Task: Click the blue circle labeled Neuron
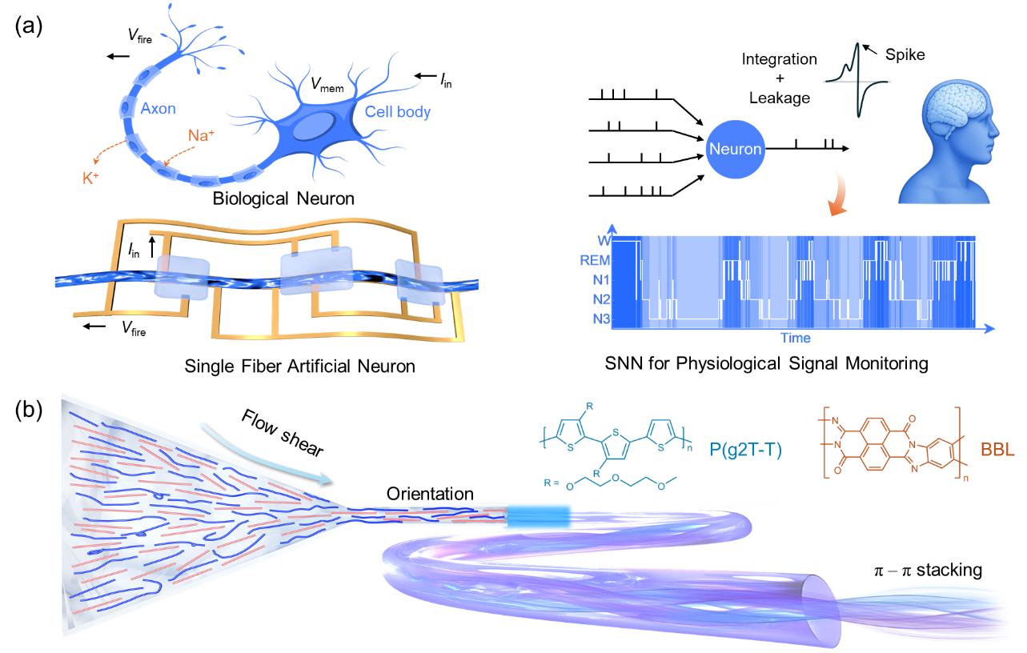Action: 735,149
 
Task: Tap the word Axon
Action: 158,109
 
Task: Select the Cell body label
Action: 398,112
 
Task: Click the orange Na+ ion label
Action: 201,135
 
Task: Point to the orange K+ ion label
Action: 90,178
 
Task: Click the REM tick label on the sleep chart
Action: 595,260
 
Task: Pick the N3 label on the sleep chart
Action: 601,318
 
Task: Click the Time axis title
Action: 796,339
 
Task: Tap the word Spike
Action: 905,55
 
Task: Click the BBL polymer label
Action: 997,450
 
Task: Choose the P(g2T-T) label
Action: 745,450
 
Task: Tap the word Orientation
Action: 430,494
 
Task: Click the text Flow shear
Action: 282,433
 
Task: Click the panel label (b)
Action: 29,409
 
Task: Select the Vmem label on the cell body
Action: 327,84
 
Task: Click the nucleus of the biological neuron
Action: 314,126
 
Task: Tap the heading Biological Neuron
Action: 283,199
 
